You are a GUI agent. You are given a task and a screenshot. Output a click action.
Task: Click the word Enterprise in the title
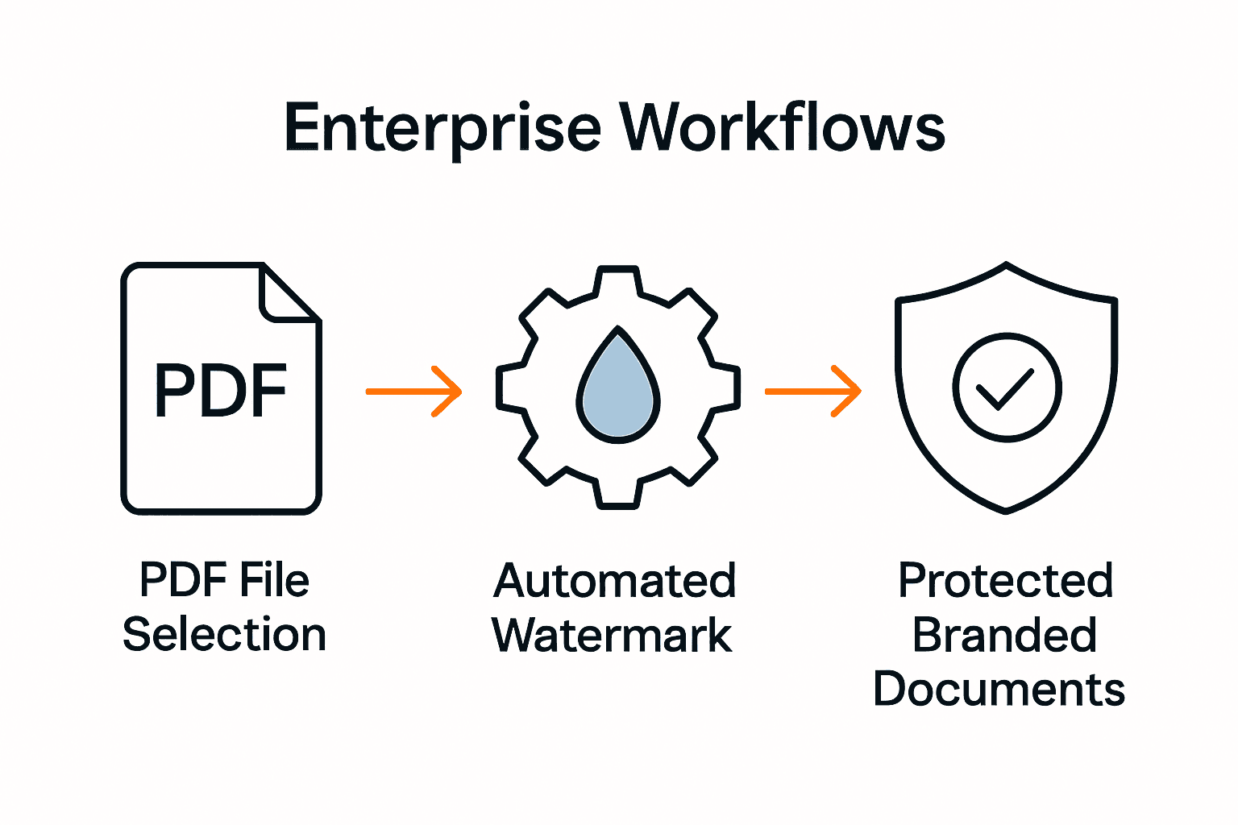tap(442, 129)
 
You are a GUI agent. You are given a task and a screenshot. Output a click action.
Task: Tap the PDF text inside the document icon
tap(221, 392)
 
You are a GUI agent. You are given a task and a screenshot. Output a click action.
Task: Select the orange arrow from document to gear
tap(413, 392)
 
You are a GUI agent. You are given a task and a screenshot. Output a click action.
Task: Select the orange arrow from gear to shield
tap(812, 392)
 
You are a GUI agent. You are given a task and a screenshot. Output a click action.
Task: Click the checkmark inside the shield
tap(1005, 388)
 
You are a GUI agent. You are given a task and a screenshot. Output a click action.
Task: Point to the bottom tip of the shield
tap(1006, 510)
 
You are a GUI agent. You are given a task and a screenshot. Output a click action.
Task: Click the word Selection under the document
tap(224, 635)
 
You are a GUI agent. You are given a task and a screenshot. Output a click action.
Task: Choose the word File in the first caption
tap(274, 580)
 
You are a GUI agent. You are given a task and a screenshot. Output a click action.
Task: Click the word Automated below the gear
tap(614, 581)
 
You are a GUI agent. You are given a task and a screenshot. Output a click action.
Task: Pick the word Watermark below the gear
tap(612, 636)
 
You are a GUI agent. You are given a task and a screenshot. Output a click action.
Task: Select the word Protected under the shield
tap(1005, 581)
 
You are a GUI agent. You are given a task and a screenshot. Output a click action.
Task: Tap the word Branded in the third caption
tap(1004, 636)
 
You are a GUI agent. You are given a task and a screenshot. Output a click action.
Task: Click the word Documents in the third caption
tap(999, 690)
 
